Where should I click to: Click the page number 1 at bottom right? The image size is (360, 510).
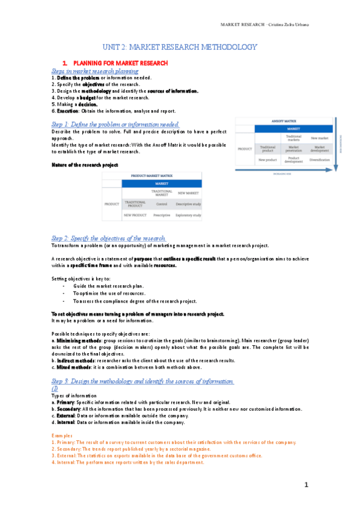(306, 484)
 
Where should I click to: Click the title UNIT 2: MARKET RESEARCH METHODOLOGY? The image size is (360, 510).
(180, 47)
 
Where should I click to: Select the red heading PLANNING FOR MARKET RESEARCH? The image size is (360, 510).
(120, 63)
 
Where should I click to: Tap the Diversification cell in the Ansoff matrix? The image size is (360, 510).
(320, 160)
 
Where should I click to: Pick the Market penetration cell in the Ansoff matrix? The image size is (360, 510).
(294, 147)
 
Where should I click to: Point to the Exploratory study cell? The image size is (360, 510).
(188, 214)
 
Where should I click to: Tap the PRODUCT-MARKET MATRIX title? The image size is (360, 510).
(151, 176)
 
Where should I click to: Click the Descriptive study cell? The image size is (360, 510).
(188, 204)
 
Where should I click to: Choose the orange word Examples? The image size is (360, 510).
(62, 435)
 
